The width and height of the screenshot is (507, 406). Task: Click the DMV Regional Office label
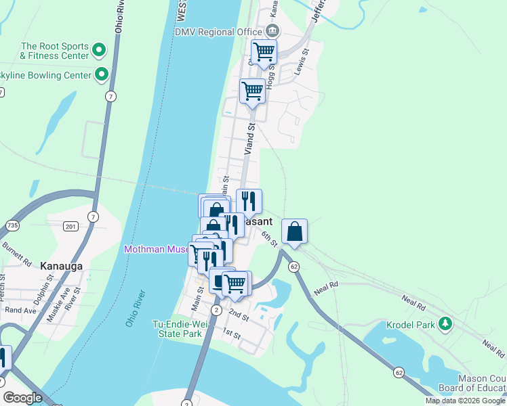coord(218,32)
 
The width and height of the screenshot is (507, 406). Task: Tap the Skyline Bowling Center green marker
coord(102,74)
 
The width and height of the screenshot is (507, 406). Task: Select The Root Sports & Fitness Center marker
coord(99,49)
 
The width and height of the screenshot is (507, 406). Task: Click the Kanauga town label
coord(61,266)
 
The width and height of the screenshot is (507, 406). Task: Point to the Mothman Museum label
coord(157,250)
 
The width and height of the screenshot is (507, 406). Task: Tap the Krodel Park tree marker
coord(445,324)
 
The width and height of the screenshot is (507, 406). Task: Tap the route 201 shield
coord(71,225)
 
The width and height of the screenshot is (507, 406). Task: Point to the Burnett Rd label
coord(18,253)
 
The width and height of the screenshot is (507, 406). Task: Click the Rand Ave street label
coord(20,311)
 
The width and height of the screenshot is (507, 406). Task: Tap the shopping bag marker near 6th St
coord(295,232)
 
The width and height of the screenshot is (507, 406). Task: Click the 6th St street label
coord(270,237)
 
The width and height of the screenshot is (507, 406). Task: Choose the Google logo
coord(22,398)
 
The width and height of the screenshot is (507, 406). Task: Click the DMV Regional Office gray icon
coord(272,30)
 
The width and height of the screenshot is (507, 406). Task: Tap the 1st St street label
coord(232,334)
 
